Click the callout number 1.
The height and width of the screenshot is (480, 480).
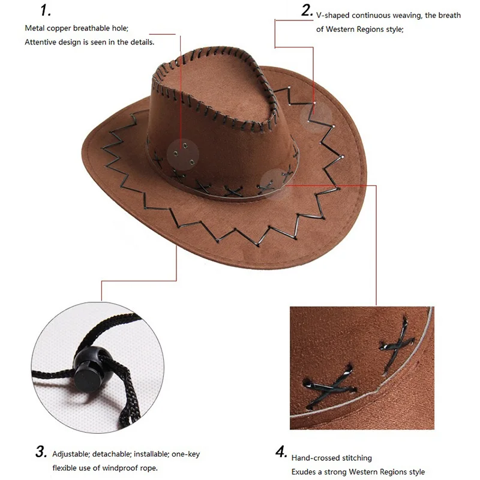tap(46, 10)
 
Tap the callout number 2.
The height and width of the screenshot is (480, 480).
tap(307, 10)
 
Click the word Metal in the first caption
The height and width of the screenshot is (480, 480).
tap(34, 28)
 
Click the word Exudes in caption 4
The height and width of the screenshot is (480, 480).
tap(303, 472)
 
